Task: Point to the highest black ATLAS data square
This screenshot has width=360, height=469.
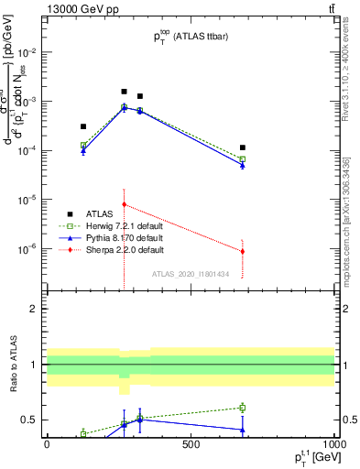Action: click(x=124, y=92)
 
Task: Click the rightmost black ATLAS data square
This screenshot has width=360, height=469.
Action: click(x=242, y=147)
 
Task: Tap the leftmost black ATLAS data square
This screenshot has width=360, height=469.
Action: click(x=83, y=126)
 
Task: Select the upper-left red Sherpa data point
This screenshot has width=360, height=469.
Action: click(x=124, y=204)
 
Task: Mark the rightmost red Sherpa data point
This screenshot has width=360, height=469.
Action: click(x=242, y=251)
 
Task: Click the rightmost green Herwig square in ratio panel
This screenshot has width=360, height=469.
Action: click(x=242, y=408)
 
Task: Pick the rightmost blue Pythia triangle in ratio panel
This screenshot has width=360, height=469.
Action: click(x=242, y=430)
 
